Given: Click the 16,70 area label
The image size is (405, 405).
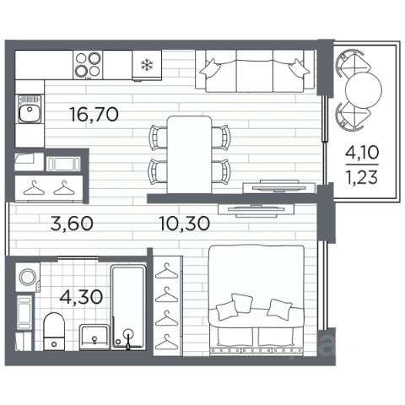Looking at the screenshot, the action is pyautogui.click(x=94, y=115).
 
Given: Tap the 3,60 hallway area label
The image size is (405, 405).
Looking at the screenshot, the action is pyautogui.click(x=72, y=224).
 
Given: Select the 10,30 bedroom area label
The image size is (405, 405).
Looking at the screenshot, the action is pyautogui.click(x=184, y=224).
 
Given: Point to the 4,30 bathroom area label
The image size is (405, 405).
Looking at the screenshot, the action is pyautogui.click(x=81, y=297).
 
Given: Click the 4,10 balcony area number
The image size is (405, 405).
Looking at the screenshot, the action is pyautogui.click(x=362, y=153).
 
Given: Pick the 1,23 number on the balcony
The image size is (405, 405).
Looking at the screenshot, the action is pyautogui.click(x=362, y=177).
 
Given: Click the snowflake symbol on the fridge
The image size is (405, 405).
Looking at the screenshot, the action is pyautogui.click(x=147, y=65).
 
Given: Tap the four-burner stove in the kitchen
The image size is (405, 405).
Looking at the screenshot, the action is pyautogui.click(x=88, y=65).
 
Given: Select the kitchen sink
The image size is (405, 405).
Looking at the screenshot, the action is pyautogui.click(x=30, y=110).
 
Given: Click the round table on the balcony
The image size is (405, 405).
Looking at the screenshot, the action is pyautogui.click(x=364, y=90).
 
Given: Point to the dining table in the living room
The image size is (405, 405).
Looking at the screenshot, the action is pyautogui.click(x=189, y=155).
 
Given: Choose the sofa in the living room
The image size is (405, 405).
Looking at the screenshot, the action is pyautogui.click(x=255, y=71).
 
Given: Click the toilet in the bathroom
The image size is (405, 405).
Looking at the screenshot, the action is pyautogui.click(x=54, y=332).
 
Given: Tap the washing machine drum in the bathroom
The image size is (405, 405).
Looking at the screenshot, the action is pyautogui.click(x=28, y=278).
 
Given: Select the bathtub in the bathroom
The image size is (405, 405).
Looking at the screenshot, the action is pyautogui.click(x=128, y=307).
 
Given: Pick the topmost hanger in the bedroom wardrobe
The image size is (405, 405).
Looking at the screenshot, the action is pyautogui.click(x=167, y=271).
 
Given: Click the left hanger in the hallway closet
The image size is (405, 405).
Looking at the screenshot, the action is pyautogui.click(x=34, y=188).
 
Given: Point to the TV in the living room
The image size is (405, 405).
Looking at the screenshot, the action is pyautogui.click(x=278, y=186).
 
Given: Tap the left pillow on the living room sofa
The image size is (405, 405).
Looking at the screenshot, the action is pyautogui.click(x=210, y=68).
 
